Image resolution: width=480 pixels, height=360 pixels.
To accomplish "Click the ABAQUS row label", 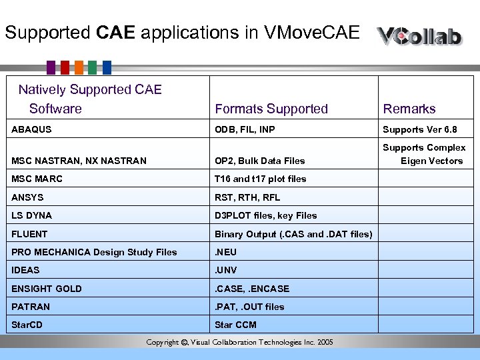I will pos(31,129).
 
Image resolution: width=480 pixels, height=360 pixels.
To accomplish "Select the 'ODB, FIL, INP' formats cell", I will pos(245,129).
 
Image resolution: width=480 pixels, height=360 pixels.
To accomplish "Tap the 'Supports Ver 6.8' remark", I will pos(420,129).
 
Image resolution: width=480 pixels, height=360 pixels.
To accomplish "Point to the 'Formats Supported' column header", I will pos(271,109).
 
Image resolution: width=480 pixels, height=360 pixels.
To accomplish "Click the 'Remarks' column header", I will pos(409,109).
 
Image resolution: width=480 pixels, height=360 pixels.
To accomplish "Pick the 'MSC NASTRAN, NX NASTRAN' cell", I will pos(79,161).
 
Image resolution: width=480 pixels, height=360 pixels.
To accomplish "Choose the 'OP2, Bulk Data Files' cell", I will pos(259,161).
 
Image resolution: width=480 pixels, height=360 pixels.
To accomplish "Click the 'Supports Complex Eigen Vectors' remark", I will pos(425,154).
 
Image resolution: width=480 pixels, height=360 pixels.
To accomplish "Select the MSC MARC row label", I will pos(37,179).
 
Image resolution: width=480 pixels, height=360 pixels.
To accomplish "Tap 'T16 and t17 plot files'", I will pos(260,179).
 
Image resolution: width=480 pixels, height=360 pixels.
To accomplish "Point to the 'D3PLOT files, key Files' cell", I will pos(265,215).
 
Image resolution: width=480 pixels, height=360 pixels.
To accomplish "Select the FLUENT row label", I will pos(30,234).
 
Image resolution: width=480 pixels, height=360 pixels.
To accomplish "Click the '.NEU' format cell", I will pos(225,252).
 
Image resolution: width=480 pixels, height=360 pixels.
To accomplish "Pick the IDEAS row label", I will pos(25,270).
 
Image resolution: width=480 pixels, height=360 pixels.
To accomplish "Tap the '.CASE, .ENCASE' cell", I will pos(252,289).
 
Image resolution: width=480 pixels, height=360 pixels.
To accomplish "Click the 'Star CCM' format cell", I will pos(235,325).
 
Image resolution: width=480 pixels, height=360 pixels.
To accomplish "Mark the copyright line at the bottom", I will pos(239,343).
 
